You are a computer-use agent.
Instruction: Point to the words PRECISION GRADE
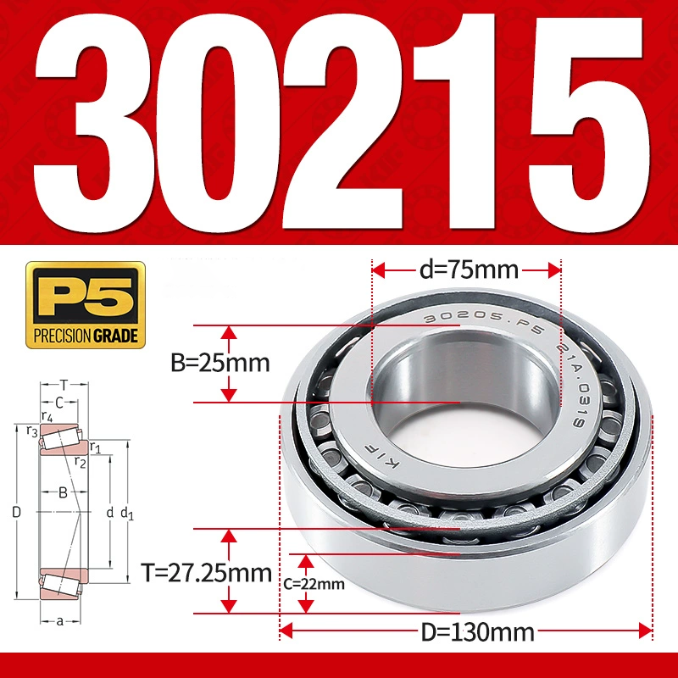(x=86, y=336)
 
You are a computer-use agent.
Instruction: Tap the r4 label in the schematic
(x=47, y=416)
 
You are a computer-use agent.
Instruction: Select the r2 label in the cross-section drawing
(x=80, y=462)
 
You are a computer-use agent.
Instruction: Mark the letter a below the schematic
(x=60, y=621)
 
